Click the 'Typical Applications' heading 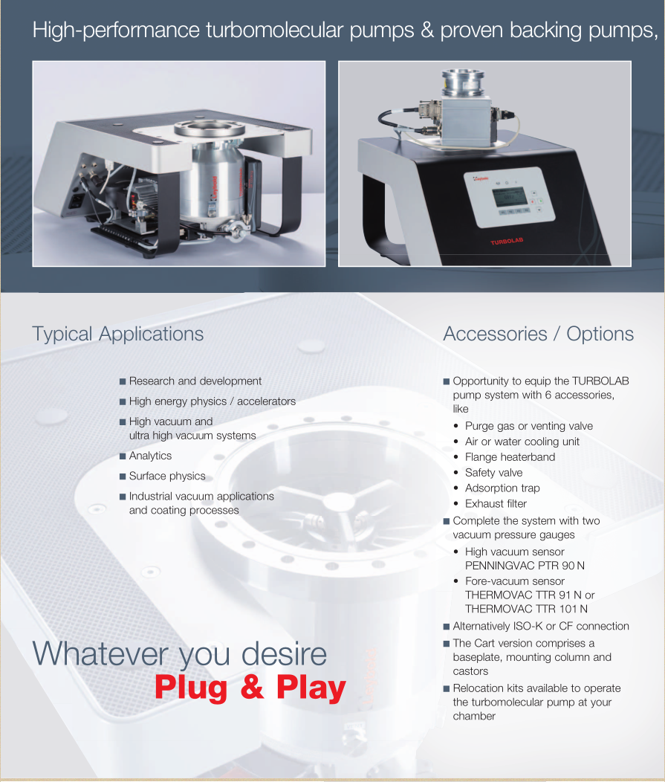117,335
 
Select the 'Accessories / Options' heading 539,335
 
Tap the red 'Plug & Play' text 250,688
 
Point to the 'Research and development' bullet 195,381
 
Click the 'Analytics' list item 150,456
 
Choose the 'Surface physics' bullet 167,476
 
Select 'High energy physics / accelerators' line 213,401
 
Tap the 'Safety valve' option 493,473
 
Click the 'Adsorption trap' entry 502,488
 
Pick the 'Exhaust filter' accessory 496,504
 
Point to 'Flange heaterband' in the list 510,457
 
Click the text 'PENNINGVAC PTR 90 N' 525,566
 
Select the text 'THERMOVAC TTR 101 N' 526,609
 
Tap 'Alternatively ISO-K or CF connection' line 541,627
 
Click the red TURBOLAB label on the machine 507,242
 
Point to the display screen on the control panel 509,198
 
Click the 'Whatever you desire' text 180,654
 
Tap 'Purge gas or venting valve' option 529,427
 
